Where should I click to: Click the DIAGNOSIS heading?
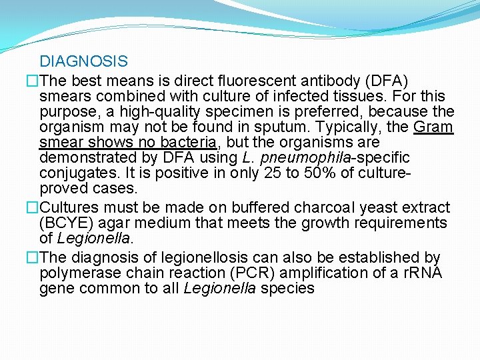point(83,62)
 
